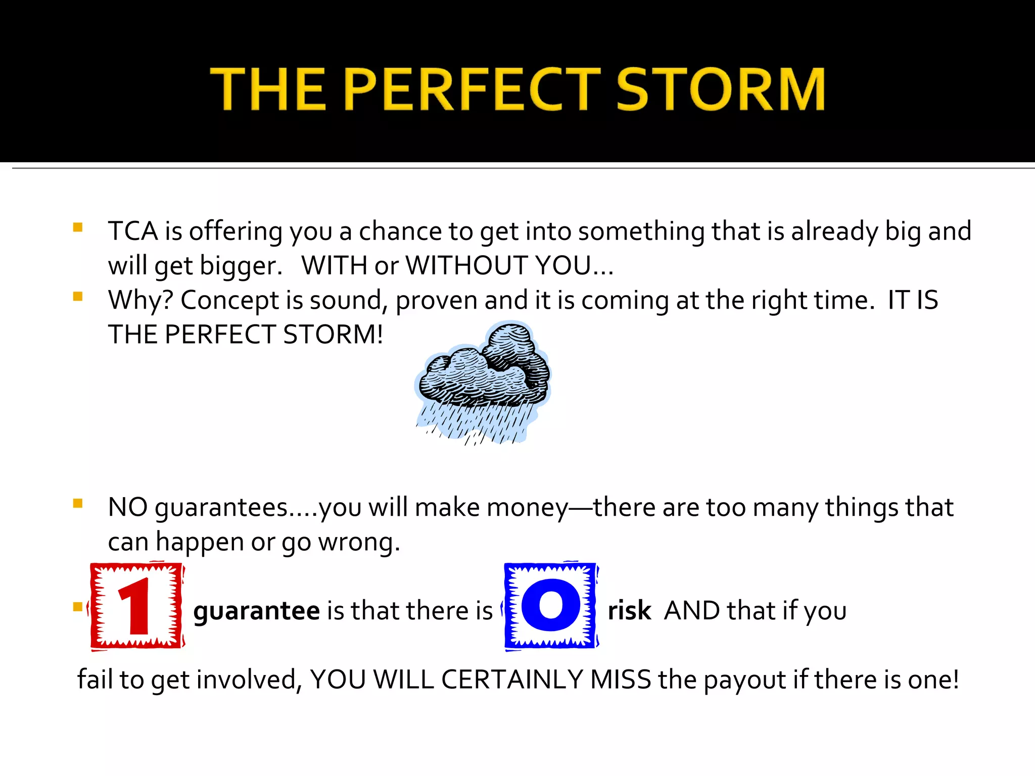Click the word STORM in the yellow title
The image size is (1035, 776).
click(721, 89)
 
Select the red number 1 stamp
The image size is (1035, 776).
click(136, 606)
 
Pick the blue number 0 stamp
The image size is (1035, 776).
click(551, 606)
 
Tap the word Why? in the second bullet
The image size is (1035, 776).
click(141, 300)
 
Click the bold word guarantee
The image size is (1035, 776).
click(256, 611)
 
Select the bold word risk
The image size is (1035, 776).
click(629, 611)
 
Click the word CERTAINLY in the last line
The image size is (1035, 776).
click(512, 680)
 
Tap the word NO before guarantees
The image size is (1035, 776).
click(127, 507)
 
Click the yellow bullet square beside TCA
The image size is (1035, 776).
click(78, 227)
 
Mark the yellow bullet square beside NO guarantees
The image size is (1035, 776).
click(78, 503)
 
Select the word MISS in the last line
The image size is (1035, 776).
click(621, 680)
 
